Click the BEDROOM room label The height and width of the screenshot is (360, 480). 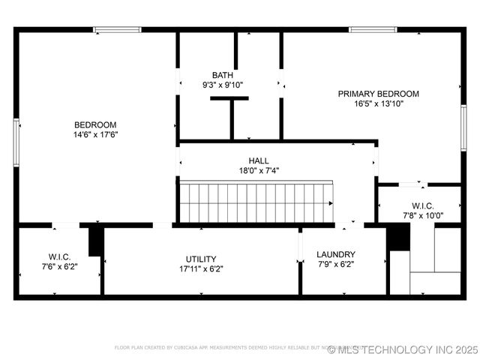(x=95, y=124)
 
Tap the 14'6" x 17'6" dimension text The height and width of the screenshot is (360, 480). (x=95, y=135)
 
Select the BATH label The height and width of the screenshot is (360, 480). (x=222, y=75)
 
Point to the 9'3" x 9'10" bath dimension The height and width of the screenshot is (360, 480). (x=222, y=85)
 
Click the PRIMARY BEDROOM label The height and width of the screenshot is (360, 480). (x=378, y=94)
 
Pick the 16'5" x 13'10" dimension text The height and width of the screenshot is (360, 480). (x=378, y=104)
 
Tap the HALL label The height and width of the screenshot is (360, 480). (x=259, y=160)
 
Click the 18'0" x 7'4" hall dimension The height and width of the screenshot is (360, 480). (x=259, y=171)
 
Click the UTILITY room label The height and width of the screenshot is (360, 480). (x=201, y=259)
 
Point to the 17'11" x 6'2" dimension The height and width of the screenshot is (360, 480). (x=201, y=269)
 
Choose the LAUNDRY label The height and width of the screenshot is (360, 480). (x=336, y=254)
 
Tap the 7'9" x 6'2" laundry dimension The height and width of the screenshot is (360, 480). (x=336, y=265)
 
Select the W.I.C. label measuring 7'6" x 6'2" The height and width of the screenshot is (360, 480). (x=60, y=256)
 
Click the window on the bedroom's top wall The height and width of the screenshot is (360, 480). (x=117, y=30)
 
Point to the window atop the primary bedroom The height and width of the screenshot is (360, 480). (x=373, y=30)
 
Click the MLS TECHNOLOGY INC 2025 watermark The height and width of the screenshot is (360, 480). (x=403, y=349)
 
